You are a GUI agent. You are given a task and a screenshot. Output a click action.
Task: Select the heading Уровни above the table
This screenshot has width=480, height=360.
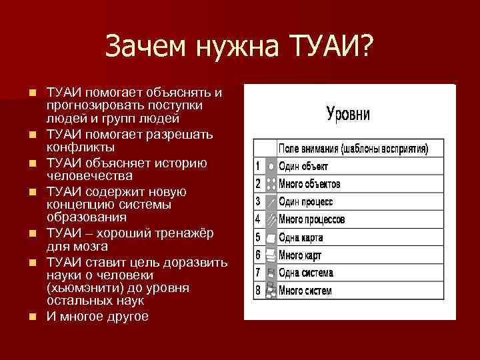point(348,113)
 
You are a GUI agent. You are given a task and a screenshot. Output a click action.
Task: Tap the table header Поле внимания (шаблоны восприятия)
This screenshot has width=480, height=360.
point(353,148)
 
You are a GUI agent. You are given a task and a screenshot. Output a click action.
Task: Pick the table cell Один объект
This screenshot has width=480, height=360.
point(303,166)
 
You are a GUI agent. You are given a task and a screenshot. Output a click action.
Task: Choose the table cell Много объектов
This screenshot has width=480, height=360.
point(309,183)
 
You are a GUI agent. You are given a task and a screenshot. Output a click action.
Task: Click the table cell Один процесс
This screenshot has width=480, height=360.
point(305,201)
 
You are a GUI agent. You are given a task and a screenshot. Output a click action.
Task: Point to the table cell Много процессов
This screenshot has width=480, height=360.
point(311,219)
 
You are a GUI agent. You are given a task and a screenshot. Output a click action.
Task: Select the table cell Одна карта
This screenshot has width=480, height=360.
point(301,237)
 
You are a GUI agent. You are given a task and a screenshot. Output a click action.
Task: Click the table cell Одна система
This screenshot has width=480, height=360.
point(305,273)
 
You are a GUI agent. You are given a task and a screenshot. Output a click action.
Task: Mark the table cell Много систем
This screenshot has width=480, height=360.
point(305,291)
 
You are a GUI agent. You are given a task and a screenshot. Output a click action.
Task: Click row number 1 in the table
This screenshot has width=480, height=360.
point(257,166)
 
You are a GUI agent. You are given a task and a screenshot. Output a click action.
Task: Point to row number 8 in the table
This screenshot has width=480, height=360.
point(257,291)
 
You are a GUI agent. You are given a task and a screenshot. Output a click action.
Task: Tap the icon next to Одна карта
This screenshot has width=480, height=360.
point(271,237)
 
